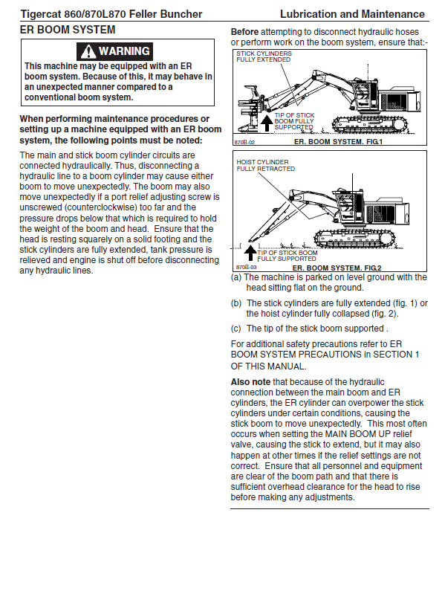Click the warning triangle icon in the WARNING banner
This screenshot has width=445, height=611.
(88, 51)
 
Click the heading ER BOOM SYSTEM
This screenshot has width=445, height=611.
(68, 30)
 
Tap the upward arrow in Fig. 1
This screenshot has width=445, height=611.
(267, 123)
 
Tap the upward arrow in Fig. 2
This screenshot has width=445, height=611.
(250, 253)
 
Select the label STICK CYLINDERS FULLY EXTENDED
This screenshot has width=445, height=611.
(264, 56)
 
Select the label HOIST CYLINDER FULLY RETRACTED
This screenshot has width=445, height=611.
(265, 165)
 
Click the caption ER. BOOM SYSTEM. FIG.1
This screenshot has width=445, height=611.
(338, 142)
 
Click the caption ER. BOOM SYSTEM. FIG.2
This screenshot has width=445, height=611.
(337, 268)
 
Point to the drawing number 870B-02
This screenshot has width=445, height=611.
(244, 143)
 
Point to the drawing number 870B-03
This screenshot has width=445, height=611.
(246, 268)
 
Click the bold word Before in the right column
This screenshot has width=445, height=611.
(244, 32)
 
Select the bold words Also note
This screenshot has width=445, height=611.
(250, 382)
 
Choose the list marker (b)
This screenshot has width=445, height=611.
(236, 303)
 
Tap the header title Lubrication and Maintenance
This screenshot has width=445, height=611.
(352, 14)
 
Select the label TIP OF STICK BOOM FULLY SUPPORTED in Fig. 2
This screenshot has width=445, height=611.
(288, 256)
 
